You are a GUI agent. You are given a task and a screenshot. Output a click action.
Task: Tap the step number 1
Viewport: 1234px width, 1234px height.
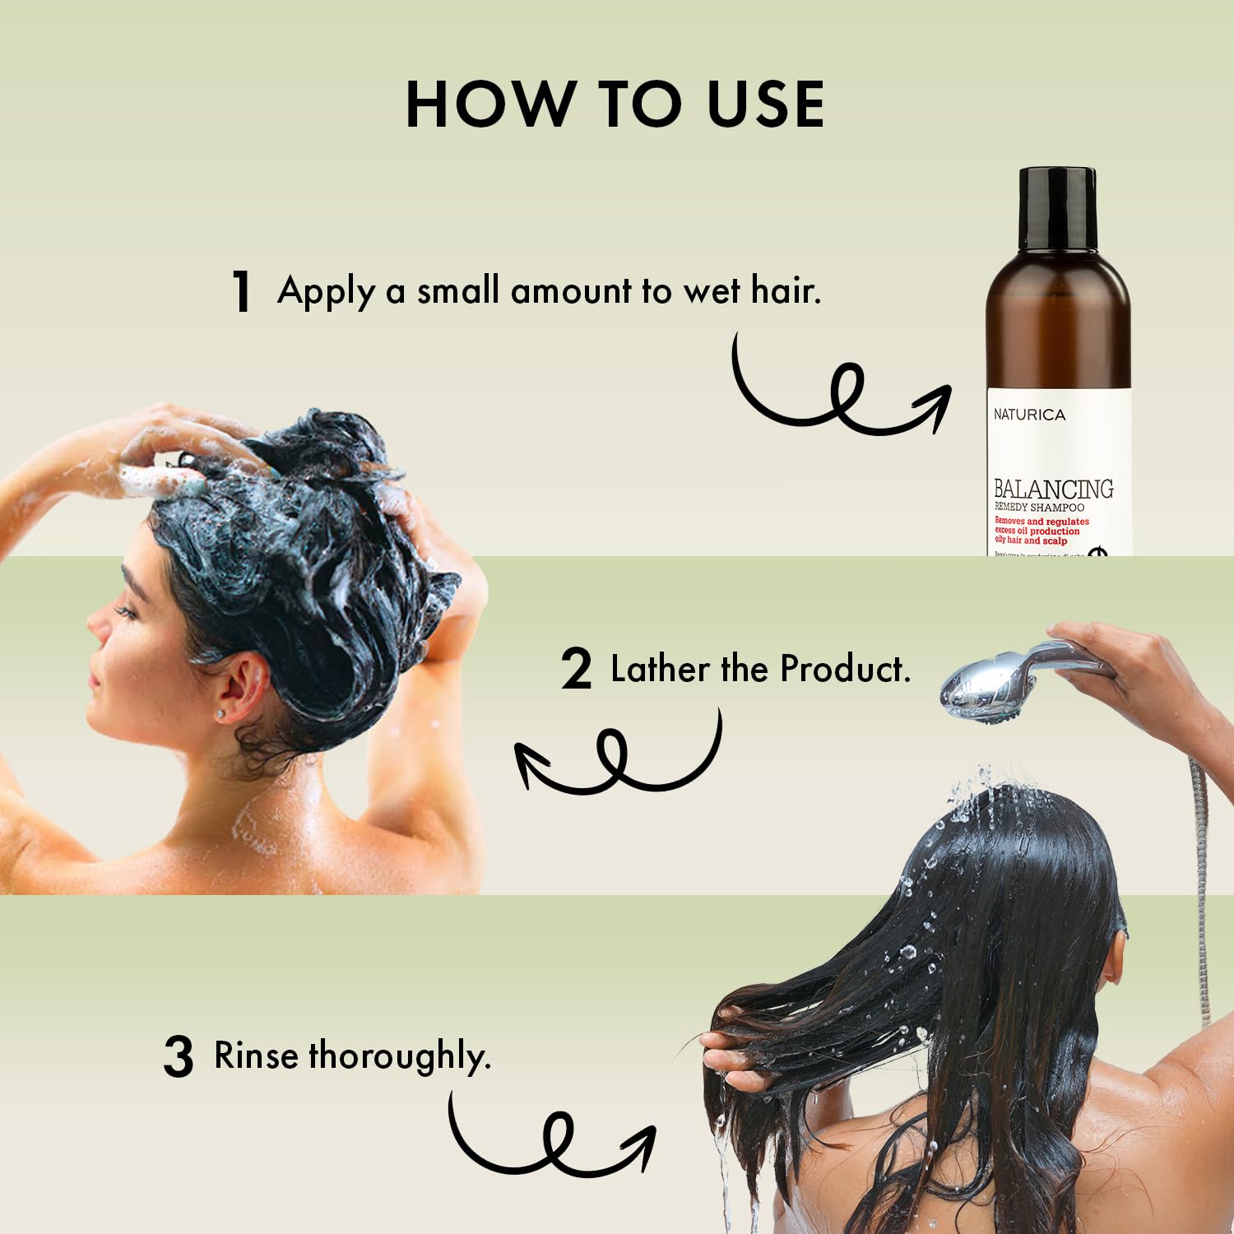tap(241, 292)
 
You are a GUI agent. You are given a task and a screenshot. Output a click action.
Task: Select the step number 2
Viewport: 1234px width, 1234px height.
tap(577, 669)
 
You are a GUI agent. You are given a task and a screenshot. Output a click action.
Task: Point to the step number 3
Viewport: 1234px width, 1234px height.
tap(179, 1057)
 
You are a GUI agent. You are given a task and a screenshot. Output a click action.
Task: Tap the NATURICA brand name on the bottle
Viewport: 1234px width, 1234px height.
tap(1028, 415)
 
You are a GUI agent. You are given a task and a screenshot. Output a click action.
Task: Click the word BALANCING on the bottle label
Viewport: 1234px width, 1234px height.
tap(1053, 489)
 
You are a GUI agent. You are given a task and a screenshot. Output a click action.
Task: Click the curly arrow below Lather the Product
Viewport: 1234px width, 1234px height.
tap(617, 757)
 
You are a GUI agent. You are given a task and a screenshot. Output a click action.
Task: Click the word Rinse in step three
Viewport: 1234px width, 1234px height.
tap(256, 1055)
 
